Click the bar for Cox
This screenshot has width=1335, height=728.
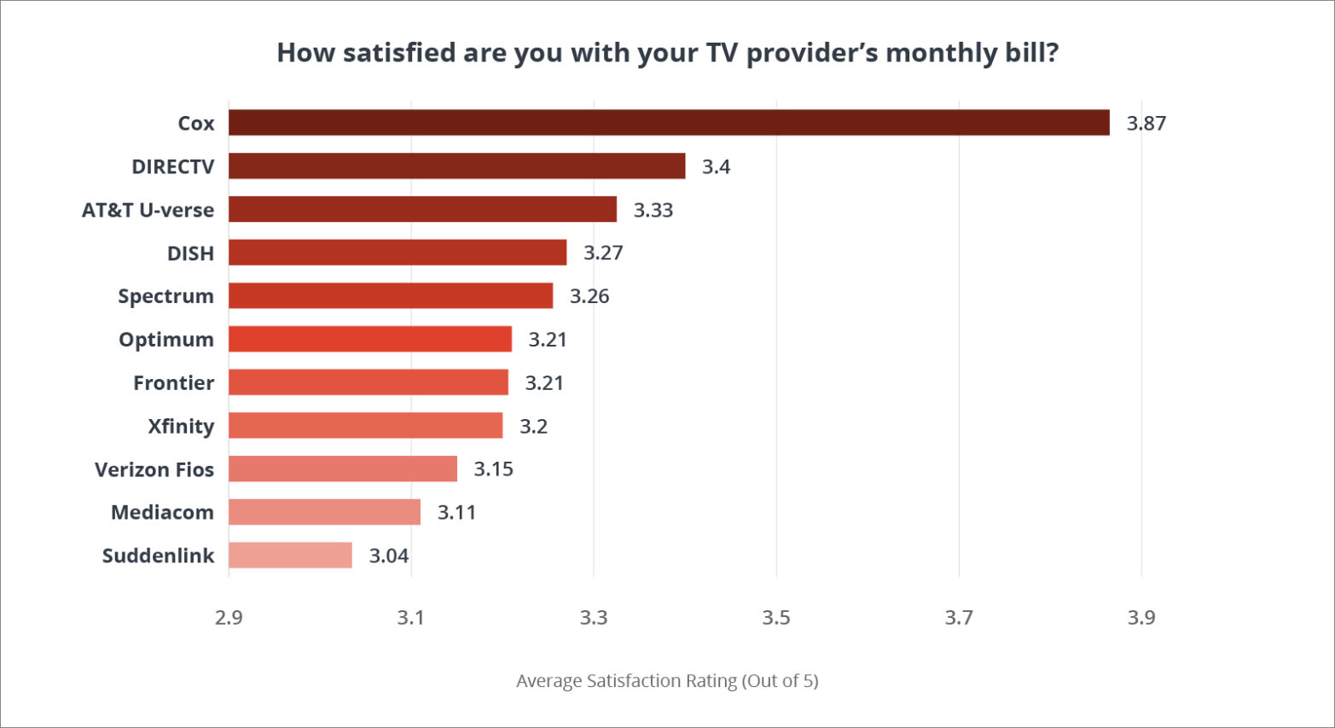point(669,123)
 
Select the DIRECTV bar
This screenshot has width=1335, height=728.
point(456,166)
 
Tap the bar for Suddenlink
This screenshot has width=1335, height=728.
point(290,556)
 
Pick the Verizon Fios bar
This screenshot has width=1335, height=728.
point(343,469)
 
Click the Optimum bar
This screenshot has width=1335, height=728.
point(370,340)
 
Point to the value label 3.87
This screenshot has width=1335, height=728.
point(1146,124)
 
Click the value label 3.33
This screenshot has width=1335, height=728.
point(653,210)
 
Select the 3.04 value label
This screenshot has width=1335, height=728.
point(388,556)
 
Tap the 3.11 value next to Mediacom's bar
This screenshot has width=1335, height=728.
point(456,512)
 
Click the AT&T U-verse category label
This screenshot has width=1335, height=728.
point(148,210)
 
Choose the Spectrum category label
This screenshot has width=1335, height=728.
point(165,296)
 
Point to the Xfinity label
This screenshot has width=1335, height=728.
point(180,426)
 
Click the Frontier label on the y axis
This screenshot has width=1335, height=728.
point(173,382)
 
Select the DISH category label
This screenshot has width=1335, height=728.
point(190,253)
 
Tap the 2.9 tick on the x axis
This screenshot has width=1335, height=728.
point(229,617)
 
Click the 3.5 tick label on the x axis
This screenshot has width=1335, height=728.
point(776,617)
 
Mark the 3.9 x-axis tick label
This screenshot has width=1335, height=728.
point(1141,617)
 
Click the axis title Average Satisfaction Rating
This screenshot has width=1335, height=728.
point(667,681)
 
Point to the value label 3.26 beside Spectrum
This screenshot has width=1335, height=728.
point(589,296)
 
